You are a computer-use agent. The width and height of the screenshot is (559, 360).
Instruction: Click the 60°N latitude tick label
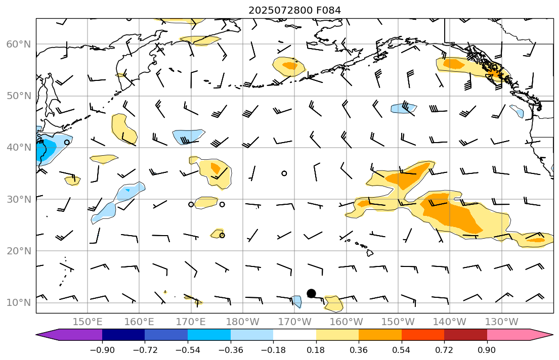tap(18, 44)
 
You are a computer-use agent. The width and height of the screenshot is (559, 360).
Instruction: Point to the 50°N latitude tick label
tap(18, 96)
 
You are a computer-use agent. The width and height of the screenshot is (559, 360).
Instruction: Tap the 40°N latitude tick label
tap(18, 148)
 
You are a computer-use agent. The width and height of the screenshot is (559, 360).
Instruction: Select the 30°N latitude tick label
tap(18, 199)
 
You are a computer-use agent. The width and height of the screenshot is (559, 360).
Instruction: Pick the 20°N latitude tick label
tap(18, 251)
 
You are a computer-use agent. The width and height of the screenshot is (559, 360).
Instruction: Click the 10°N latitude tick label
tap(18, 303)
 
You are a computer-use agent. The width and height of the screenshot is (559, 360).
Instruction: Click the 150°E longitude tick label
tap(88, 322)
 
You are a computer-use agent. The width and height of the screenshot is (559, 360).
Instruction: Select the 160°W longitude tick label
tap(347, 322)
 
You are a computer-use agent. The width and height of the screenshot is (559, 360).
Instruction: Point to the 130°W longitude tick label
tap(501, 322)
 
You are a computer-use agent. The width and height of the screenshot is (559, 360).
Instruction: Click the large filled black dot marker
tap(311, 293)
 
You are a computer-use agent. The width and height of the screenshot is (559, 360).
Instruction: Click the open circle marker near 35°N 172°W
tap(284, 173)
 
